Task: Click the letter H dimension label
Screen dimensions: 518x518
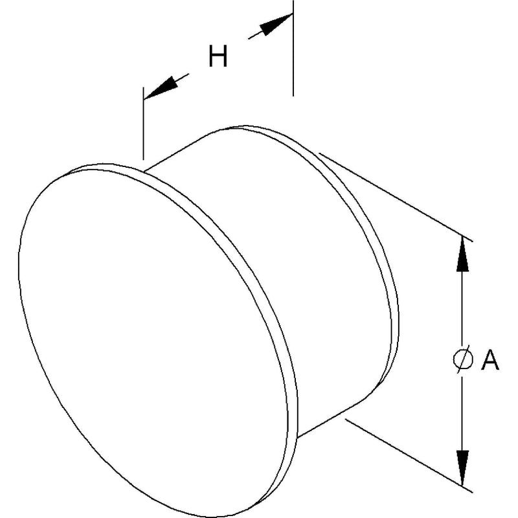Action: pyautogui.click(x=218, y=56)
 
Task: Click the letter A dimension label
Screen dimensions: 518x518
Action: pyautogui.click(x=490, y=359)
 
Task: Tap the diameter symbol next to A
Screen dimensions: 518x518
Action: pyautogui.click(x=462, y=359)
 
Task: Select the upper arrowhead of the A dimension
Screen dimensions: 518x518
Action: pyautogui.click(x=462, y=254)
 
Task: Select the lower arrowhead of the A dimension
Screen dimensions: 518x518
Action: pyautogui.click(x=462, y=467)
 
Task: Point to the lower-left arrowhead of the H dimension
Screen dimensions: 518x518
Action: pyautogui.click(x=161, y=88)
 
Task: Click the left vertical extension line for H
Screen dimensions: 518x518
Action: pyautogui.click(x=143, y=124)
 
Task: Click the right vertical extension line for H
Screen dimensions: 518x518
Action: pyautogui.click(x=293, y=48)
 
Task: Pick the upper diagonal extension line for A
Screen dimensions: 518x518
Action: pyautogui.click(x=396, y=197)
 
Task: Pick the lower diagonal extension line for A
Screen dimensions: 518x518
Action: pyautogui.click(x=409, y=456)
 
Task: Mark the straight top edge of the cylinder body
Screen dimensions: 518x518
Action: pyautogui.click(x=177, y=152)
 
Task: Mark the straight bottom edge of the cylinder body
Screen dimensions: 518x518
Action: pyautogui.click(x=330, y=419)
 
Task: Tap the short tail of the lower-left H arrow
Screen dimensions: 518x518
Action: pyautogui.click(x=182, y=77)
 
